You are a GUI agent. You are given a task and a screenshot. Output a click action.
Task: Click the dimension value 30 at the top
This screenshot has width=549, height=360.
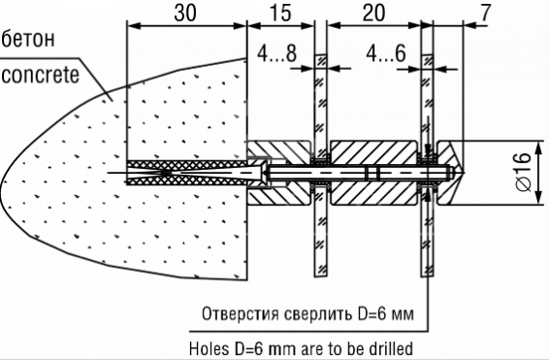click(185, 14)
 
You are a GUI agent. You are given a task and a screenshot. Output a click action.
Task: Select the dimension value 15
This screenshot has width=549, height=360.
click(280, 14)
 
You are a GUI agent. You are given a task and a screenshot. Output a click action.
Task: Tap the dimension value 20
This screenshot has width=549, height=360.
click(373, 14)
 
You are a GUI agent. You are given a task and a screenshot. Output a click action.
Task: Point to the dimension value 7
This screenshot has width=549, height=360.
click(484, 14)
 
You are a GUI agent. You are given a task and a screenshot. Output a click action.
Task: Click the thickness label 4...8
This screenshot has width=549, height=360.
click(277, 54)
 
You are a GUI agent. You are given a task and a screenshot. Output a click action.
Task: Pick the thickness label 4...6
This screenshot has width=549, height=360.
click(386, 54)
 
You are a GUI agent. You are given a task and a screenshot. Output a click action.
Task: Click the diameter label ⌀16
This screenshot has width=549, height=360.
click(524, 172)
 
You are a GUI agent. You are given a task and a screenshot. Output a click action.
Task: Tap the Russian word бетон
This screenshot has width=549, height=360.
click(28, 39)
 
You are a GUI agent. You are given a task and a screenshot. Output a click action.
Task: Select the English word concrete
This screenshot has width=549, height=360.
click(41, 76)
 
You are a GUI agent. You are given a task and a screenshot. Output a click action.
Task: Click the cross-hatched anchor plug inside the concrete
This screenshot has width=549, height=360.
click(187, 173)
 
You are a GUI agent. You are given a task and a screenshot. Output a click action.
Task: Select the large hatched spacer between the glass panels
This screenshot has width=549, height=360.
click(373, 173)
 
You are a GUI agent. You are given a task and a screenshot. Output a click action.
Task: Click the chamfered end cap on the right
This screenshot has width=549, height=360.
click(451, 173)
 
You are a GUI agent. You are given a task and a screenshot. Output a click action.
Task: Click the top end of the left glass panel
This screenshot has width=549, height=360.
click(321, 55)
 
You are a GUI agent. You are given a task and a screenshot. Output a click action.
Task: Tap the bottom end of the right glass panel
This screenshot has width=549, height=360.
click(427, 276)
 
